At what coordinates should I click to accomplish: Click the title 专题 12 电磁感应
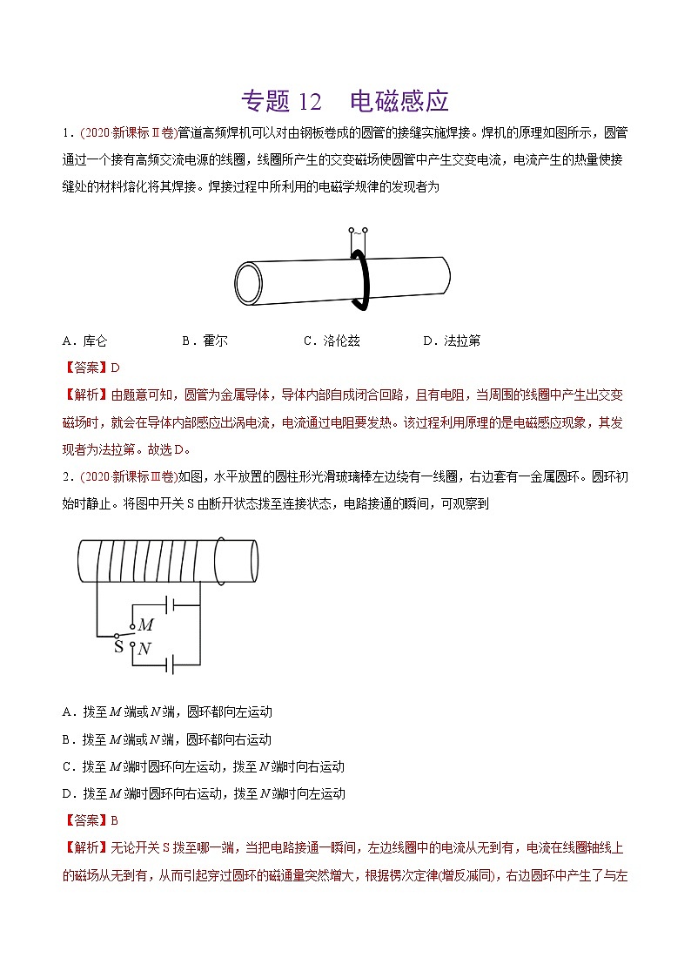(345, 101)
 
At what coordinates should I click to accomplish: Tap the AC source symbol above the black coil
(358, 233)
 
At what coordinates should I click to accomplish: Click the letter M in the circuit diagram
(145, 625)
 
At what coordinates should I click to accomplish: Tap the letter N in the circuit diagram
(144, 648)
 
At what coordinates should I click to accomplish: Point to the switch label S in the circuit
(118, 647)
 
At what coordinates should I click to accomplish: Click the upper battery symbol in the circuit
(170, 604)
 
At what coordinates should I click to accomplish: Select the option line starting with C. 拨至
(204, 766)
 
